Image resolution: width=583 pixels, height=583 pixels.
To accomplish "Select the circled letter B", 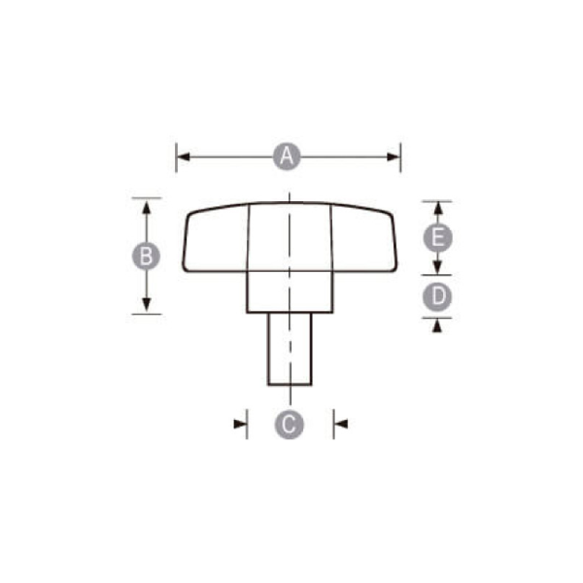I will pos(146,256).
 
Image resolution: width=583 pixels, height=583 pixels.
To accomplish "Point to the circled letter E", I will pos(438,237).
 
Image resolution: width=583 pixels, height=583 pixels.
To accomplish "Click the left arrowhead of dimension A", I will pos(182,156).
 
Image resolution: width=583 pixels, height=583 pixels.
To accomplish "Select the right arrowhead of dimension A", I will pos(394,156).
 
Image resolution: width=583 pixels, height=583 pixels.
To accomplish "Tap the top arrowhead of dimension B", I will pos(146,203).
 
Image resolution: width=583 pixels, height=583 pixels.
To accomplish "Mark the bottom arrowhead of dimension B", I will pos(146,307).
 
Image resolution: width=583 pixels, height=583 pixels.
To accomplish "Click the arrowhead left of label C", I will pos(240,423).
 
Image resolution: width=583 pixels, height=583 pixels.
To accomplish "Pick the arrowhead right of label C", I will pos(340,423).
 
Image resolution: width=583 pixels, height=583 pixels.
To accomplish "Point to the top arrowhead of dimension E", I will pos(438,207).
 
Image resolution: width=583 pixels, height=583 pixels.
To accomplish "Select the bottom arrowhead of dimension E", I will pos(438,269).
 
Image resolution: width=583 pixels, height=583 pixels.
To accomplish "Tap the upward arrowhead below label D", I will pos(438,326).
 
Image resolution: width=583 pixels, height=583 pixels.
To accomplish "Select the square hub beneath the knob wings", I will pos(290,291).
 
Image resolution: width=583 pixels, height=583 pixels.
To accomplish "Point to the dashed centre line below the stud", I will pos(290,394).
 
